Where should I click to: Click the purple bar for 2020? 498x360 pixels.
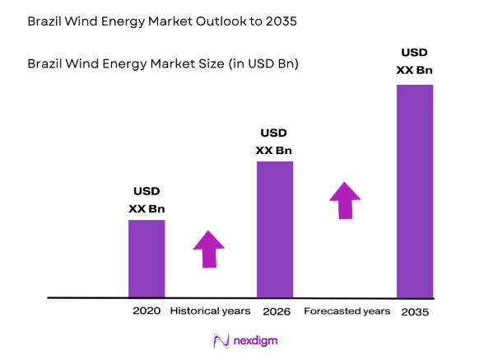pyautogui.click(x=147, y=258)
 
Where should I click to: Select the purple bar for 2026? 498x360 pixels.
pyautogui.click(x=275, y=229)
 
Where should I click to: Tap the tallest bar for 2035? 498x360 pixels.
pyautogui.click(x=414, y=190)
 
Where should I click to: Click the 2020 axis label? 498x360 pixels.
pyautogui.click(x=147, y=311)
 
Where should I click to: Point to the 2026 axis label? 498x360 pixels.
pyautogui.click(x=275, y=311)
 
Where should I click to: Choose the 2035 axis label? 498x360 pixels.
pyautogui.click(x=415, y=312)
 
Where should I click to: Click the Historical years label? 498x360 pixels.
pyautogui.click(x=210, y=311)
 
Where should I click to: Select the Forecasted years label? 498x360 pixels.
pyautogui.click(x=347, y=311)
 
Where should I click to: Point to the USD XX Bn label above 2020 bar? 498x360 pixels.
pyautogui.click(x=147, y=200)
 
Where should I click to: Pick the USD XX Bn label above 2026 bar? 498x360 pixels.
pyautogui.click(x=274, y=142)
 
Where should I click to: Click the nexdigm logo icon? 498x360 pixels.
pyautogui.click(x=220, y=340)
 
